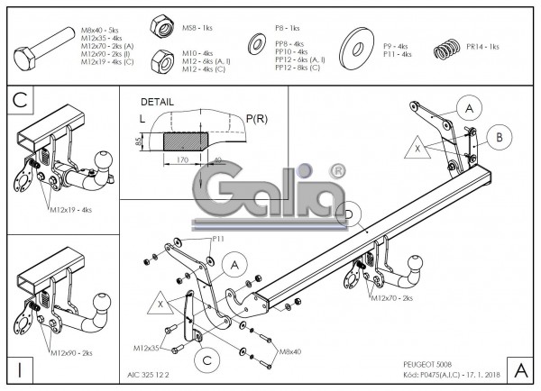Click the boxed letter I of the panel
18,368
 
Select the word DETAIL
158,103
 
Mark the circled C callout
207,360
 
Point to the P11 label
218,239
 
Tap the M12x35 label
148,347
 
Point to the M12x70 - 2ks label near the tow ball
390,297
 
